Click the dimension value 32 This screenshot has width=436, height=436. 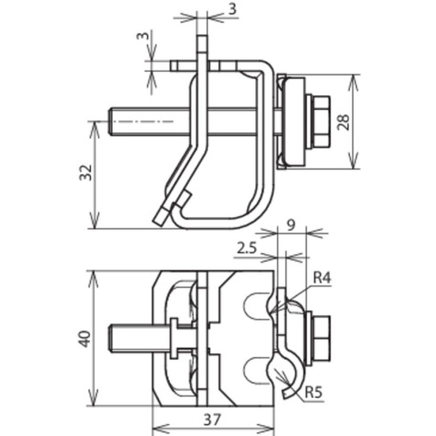pos(85,172)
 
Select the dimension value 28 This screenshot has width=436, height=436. pos(344,122)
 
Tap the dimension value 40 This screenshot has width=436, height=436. pos(85,338)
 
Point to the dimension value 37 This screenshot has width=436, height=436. pos(212,419)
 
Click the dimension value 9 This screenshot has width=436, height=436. pos(291,225)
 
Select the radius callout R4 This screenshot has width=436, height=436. pos(322,278)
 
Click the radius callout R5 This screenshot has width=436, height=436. pos(313,393)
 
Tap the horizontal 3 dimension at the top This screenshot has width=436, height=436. pos(232,9)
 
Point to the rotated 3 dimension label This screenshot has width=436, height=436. pos(143,36)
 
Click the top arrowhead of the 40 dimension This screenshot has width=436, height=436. pos(93,279)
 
